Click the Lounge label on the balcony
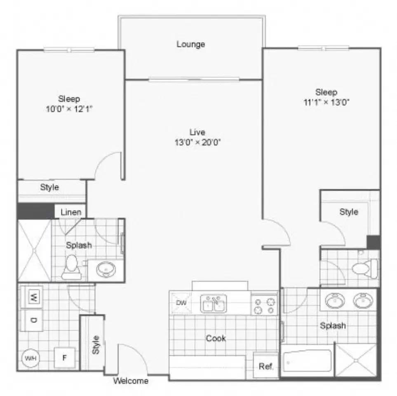point(191,44)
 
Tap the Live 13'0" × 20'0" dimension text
point(197,143)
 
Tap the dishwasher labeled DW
point(181,303)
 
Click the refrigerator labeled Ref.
point(266,366)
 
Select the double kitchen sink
point(214,304)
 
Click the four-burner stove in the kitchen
point(264,306)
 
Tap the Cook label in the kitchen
point(216,338)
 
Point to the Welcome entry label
point(131,381)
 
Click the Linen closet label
point(71,212)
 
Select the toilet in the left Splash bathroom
point(72,266)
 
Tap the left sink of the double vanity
point(336,301)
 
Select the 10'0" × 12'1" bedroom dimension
point(69,109)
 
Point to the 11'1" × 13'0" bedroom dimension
point(326,102)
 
